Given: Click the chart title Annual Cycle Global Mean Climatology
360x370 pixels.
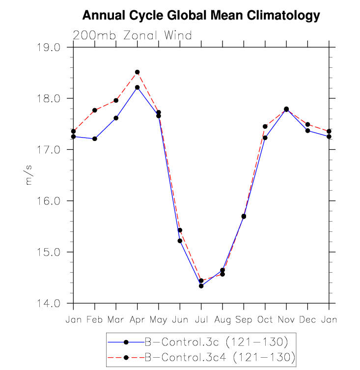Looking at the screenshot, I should click(x=201, y=16).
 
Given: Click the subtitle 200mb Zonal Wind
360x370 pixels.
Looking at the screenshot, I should click(x=132, y=35).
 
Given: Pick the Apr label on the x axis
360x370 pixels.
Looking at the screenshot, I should click(x=137, y=320).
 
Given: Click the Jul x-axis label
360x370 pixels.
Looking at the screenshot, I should click(x=201, y=320).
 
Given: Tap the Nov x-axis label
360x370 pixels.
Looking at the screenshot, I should click(x=286, y=320).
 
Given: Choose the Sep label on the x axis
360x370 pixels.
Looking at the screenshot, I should click(x=244, y=320).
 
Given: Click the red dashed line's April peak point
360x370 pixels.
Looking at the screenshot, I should click(x=137, y=72).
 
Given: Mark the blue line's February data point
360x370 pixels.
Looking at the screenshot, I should click(x=95, y=139).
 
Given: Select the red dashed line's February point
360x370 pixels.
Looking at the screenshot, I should click(x=95, y=110).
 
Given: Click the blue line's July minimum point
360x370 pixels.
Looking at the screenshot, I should click(x=201, y=286).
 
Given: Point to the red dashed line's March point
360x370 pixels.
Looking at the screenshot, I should click(x=116, y=100).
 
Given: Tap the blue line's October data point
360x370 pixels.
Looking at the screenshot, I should click(x=265, y=138).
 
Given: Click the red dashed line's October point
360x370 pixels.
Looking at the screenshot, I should click(x=265, y=126).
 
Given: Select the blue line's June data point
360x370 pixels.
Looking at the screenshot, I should click(x=180, y=241).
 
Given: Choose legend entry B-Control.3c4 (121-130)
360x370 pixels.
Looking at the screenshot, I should click(x=201, y=357).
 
